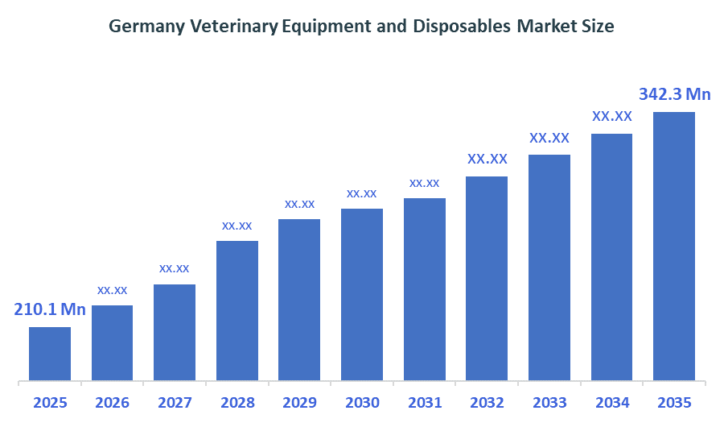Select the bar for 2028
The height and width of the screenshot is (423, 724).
click(237, 310)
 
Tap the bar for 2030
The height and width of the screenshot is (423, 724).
click(362, 294)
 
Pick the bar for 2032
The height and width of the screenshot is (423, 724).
click(487, 278)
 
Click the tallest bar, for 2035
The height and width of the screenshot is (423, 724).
click(673, 246)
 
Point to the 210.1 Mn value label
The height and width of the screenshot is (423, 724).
click(50, 309)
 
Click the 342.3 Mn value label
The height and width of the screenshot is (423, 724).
click(674, 94)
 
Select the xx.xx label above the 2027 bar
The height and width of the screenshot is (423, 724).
click(175, 267)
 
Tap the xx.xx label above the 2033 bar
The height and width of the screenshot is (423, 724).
click(549, 138)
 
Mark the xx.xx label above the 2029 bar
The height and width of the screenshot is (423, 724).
click(299, 203)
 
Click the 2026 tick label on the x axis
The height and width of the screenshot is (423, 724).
click(112, 403)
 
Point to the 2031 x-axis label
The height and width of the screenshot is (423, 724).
click(424, 403)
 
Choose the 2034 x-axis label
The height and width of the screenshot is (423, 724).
click(611, 403)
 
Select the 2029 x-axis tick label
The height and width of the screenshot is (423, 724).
click(299, 403)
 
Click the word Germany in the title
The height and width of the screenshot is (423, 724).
click(146, 27)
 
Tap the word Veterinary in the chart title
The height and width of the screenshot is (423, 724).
click(234, 27)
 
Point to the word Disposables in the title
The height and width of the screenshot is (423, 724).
click(461, 27)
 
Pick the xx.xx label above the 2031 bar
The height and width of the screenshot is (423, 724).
click(424, 183)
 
